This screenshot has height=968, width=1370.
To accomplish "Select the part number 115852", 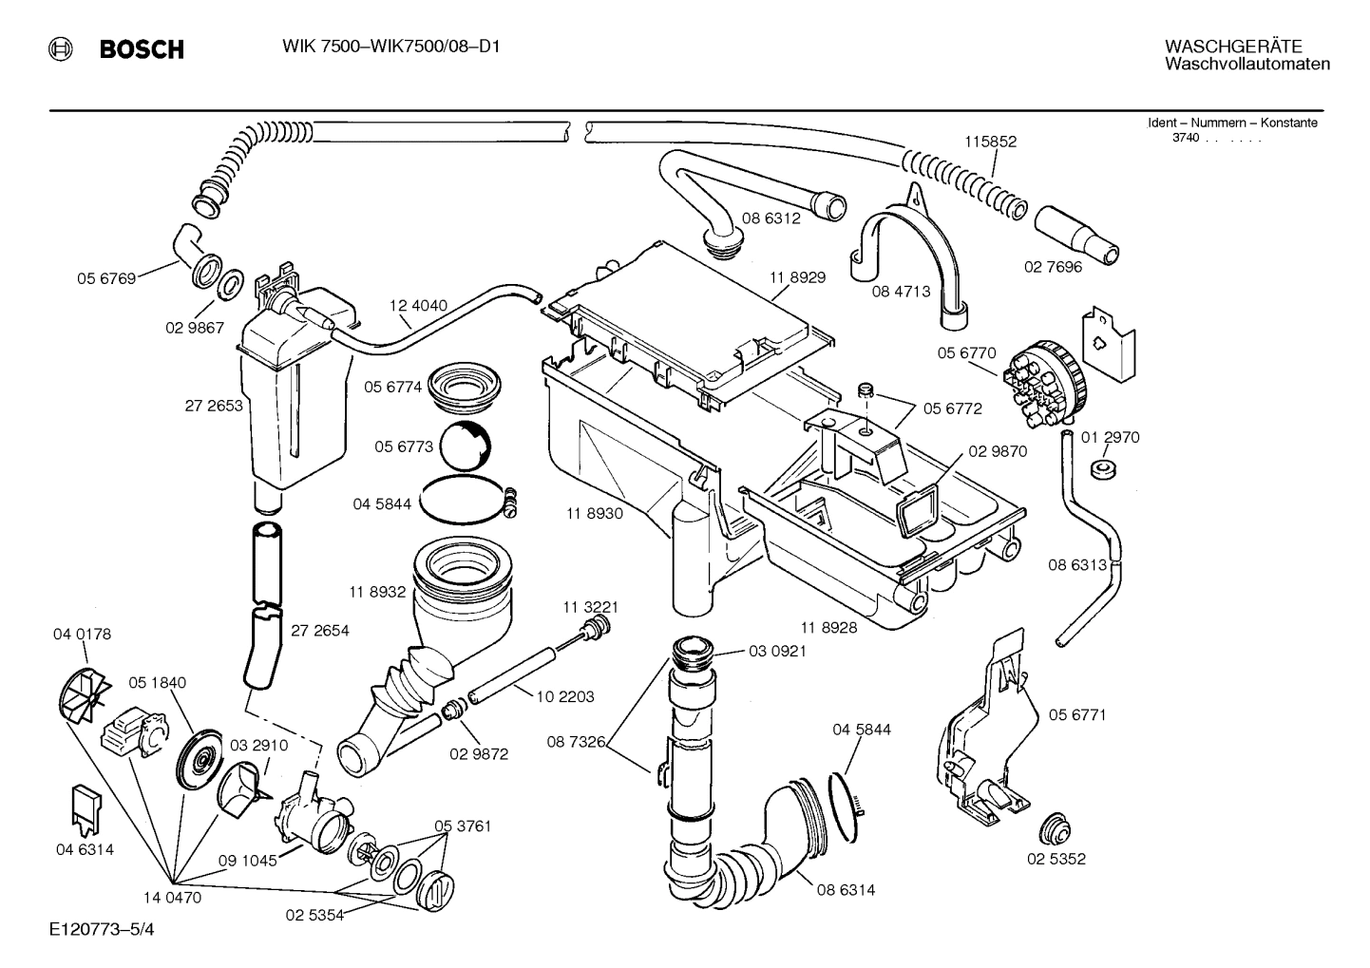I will pos(990,142).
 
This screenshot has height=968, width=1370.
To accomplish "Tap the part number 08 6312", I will pos(771,218).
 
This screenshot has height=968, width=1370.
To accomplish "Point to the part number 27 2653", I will pos(213,406).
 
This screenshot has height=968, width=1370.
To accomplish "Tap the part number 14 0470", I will pos(172,897).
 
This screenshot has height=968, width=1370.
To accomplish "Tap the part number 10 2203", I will pos(564,696).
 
